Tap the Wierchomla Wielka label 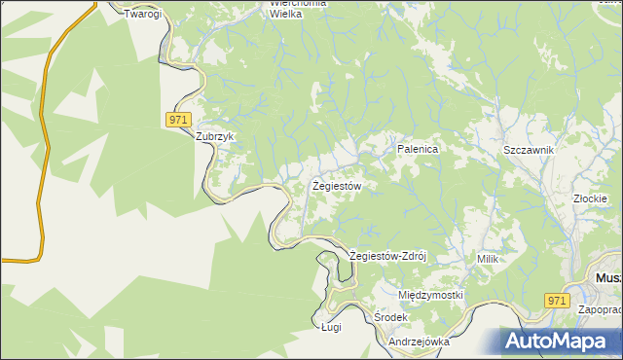pyautogui.click(x=298, y=9)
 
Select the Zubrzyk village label pyautogui.click(x=216, y=137)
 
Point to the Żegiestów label pyautogui.click(x=338, y=185)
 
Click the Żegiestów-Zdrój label pyautogui.click(x=388, y=257)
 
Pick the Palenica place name pyautogui.click(x=419, y=150)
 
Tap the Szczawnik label pyautogui.click(x=529, y=150)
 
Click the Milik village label pyautogui.click(x=488, y=259)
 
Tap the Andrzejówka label pyautogui.click(x=419, y=342)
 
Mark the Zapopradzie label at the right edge pyautogui.click(x=600, y=309)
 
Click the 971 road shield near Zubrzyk pyautogui.click(x=176, y=119)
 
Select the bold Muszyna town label pyautogui.click(x=607, y=278)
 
